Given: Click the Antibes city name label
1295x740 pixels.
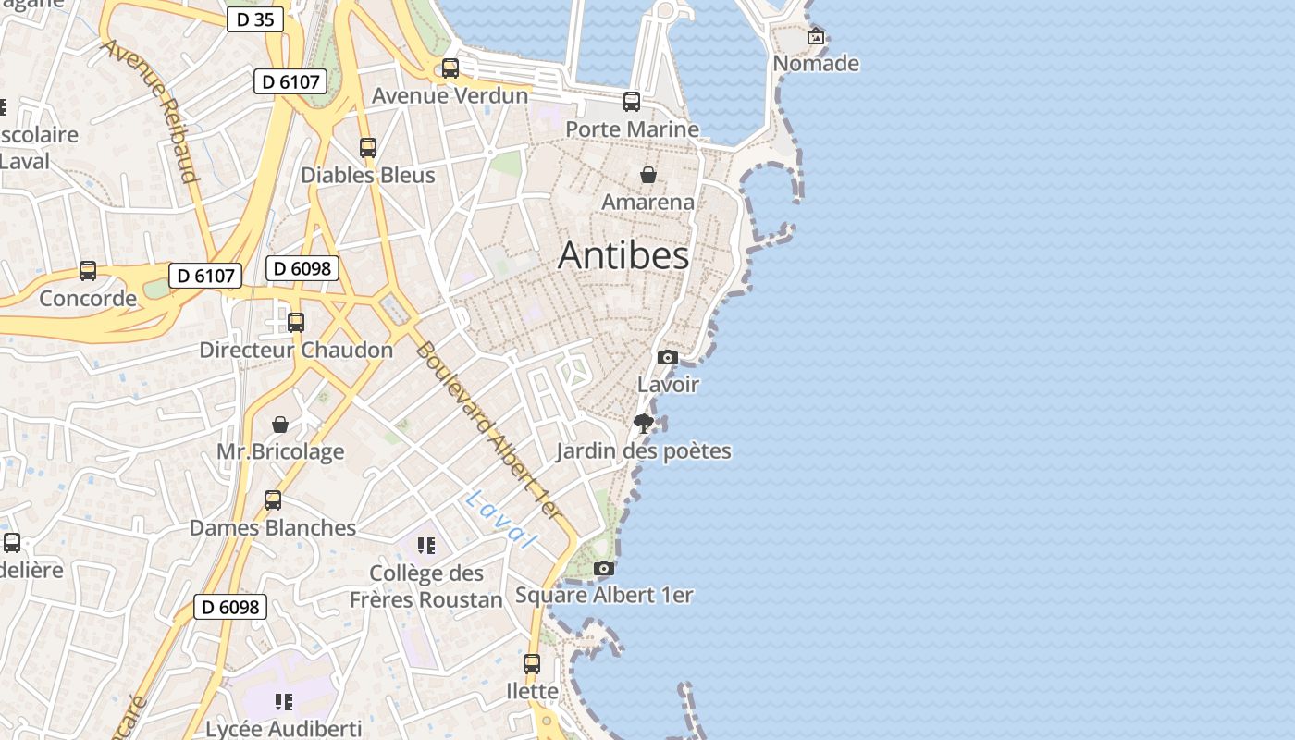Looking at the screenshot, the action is click(x=623, y=255).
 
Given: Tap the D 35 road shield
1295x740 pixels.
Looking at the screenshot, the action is click(x=254, y=18).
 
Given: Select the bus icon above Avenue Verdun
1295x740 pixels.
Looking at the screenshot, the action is click(x=450, y=68).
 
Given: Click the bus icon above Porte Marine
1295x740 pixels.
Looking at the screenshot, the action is click(x=632, y=102).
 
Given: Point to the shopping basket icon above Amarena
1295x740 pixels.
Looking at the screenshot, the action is click(x=648, y=174).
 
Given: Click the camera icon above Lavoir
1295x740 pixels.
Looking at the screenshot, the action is click(x=668, y=357).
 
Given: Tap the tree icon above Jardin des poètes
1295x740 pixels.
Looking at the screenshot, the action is click(x=644, y=424).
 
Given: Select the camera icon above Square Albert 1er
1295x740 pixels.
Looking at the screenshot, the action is click(x=603, y=568).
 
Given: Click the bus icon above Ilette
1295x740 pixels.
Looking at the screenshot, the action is click(x=532, y=663).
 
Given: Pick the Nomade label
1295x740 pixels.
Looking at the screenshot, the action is click(x=816, y=64).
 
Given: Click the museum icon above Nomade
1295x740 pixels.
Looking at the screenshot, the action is click(x=816, y=37).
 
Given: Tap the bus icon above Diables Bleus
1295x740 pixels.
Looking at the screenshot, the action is click(x=368, y=148).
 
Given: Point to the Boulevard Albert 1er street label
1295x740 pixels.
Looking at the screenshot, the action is click(x=487, y=430).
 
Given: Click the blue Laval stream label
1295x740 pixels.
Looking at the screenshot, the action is click(x=501, y=518).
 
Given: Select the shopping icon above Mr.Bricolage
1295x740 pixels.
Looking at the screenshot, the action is click(x=280, y=425).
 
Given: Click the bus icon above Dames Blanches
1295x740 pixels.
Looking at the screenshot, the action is click(x=273, y=500).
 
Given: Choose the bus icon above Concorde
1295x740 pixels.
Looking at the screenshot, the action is click(x=88, y=271).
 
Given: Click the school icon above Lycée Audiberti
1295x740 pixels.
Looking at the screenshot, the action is click(x=283, y=702).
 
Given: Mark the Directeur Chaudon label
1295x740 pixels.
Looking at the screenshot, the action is click(x=296, y=351).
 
